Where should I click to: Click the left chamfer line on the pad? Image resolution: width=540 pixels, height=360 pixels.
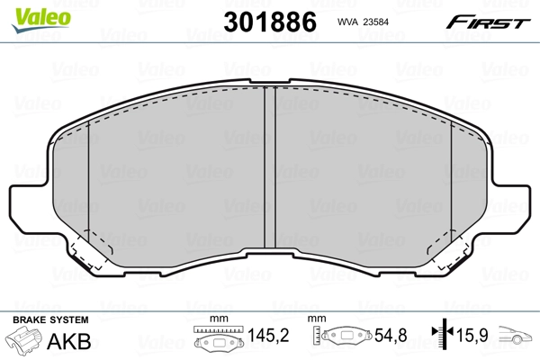coord(90,189)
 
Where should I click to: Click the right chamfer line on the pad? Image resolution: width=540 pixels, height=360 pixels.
coord(450,189)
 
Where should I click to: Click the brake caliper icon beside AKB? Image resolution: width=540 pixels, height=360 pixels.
coord(24,341)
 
